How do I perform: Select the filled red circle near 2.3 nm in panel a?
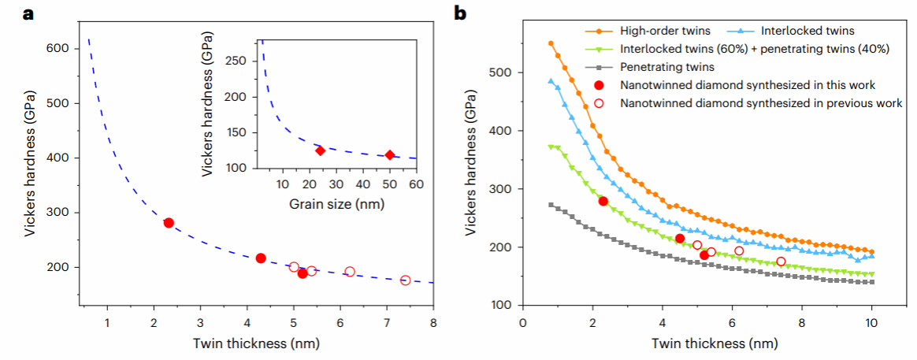[x=169, y=223]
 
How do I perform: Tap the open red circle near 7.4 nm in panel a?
[x=406, y=280]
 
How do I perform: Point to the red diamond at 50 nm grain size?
[x=389, y=154]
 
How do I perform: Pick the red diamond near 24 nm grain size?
[x=320, y=150]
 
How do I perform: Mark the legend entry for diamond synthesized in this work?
[x=748, y=84]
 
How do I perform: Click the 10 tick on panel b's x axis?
[x=871, y=324]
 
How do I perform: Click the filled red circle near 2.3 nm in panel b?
[x=603, y=201]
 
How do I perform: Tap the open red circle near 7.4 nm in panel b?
[x=781, y=262]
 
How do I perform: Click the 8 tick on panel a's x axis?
[x=433, y=323]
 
